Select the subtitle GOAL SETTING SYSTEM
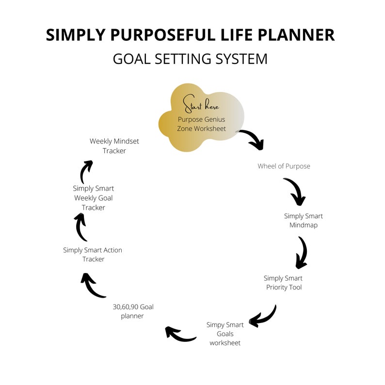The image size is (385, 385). (190, 59)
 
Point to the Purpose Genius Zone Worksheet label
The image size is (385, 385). (201, 124)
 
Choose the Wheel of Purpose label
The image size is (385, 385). (284, 166)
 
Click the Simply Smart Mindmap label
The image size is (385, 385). (303, 221)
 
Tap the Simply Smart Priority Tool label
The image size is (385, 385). (283, 283)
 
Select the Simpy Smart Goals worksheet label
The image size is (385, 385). (225, 334)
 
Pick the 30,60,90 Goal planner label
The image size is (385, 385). (133, 311)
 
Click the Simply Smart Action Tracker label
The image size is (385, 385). (93, 255)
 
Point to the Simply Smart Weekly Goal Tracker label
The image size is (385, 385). (93, 198)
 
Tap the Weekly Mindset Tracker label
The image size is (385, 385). (114, 146)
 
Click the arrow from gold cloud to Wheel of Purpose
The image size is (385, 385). (252, 139)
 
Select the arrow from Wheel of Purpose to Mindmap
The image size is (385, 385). (295, 192)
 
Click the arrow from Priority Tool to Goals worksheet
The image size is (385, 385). (263, 317)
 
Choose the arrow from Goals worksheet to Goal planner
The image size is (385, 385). (179, 334)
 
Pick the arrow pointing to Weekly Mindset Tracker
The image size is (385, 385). (85, 171)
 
